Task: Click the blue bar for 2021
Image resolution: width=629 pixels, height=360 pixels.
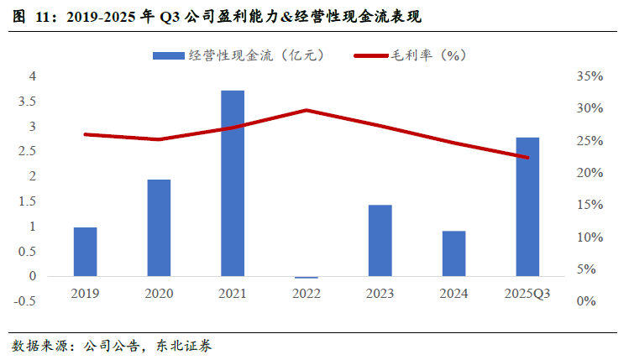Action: (233, 183)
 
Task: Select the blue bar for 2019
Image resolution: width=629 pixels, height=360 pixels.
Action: (85, 252)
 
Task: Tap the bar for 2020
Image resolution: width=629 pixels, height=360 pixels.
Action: (159, 227)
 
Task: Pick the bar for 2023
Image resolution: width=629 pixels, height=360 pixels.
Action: (380, 240)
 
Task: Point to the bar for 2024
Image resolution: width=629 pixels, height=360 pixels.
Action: (453, 253)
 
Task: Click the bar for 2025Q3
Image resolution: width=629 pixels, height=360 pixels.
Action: (527, 206)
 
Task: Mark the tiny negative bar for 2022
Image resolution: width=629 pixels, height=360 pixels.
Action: (307, 277)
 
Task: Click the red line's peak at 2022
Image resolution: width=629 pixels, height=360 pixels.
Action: (307, 110)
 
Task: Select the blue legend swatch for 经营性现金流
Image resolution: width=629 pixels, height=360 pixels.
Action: (167, 55)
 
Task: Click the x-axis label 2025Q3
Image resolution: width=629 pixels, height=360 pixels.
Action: (527, 294)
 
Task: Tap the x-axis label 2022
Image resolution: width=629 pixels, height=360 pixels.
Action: (307, 294)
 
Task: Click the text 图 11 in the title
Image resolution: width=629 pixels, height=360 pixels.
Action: (30, 16)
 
